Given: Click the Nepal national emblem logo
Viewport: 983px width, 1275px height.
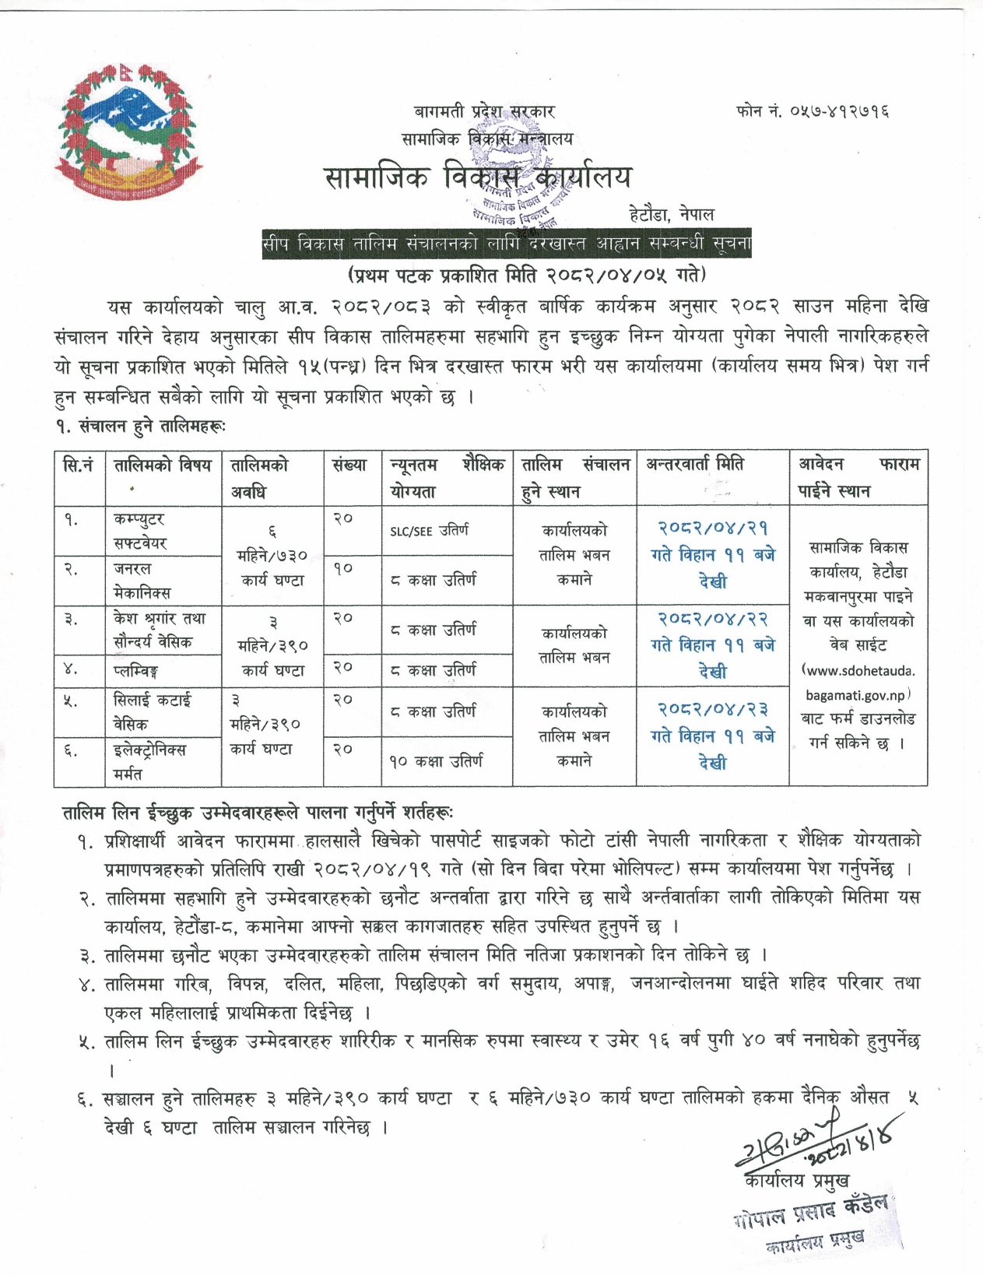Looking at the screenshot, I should click(x=124, y=134).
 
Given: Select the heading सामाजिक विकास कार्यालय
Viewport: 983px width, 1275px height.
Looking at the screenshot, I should click(x=477, y=177).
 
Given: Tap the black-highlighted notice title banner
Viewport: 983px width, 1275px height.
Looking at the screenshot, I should click(x=507, y=244).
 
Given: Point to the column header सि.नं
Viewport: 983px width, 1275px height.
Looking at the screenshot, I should click(x=79, y=465).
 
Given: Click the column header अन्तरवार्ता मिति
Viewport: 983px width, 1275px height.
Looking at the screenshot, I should click(x=694, y=465).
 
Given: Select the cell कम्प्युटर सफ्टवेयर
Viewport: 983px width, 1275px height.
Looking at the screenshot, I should click(x=140, y=531).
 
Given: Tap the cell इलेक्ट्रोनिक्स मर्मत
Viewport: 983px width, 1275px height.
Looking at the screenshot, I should click(x=149, y=761).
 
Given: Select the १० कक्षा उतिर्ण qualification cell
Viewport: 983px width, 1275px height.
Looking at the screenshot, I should click(x=436, y=760).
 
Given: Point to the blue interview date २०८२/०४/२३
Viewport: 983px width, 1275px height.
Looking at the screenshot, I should click(x=713, y=708).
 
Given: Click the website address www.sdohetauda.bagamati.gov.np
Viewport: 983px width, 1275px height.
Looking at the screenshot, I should click(x=858, y=683).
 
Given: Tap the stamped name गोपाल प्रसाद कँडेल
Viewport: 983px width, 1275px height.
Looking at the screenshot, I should click(x=809, y=1212).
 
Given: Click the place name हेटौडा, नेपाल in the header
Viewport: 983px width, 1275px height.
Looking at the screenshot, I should click(x=671, y=213).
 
